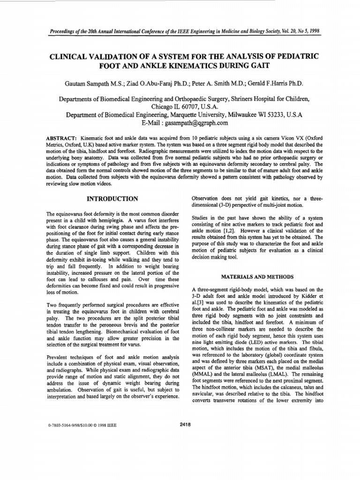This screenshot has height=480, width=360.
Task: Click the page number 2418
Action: coord(185,425)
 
